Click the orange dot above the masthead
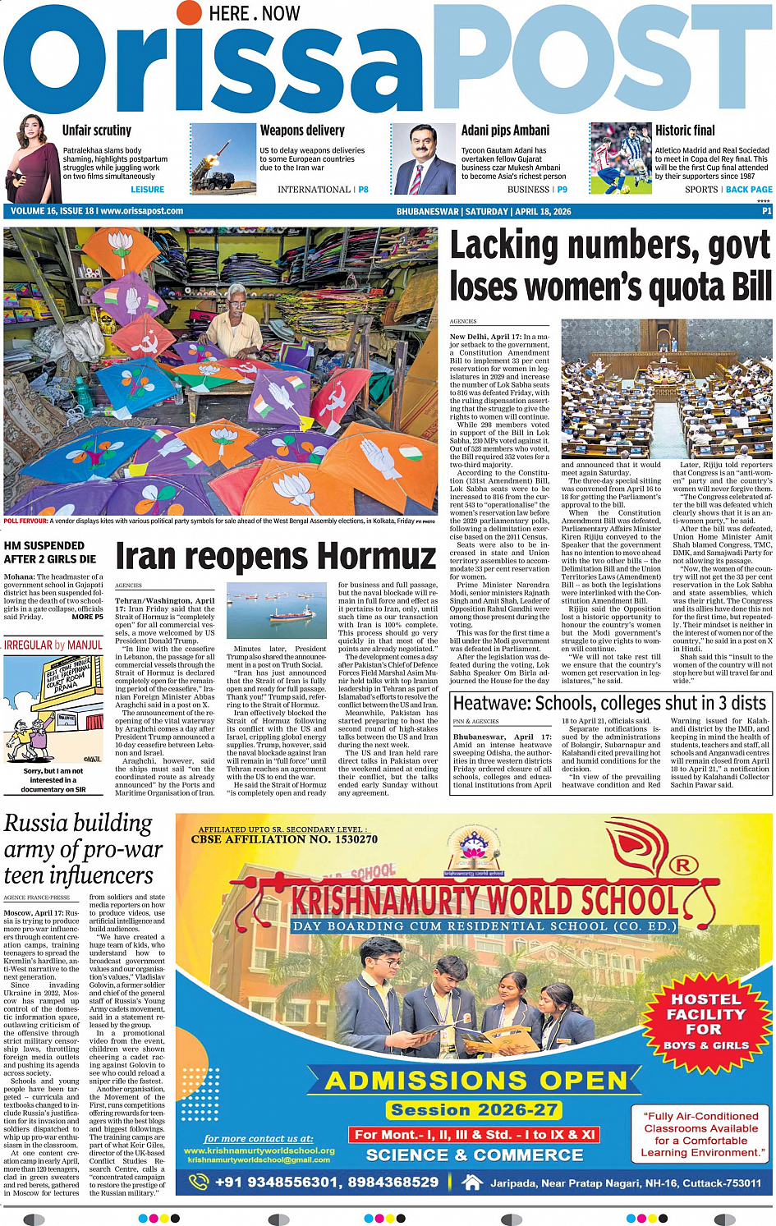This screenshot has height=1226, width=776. tap(190, 12)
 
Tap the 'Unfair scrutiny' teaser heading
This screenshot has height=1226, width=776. tap(97, 131)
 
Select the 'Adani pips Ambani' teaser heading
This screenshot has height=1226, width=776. tap(505, 131)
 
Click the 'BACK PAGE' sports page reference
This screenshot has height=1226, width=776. tap(748, 190)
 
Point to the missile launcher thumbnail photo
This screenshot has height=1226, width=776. tap(223, 158)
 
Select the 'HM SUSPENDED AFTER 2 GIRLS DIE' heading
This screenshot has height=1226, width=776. tap(50, 552)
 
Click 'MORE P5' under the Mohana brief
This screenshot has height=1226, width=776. tap(88, 617)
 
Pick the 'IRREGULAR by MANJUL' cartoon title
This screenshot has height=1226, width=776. tap(53, 645)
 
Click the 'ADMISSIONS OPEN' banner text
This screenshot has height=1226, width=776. tap(476, 1080)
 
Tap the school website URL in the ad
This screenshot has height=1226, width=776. tap(259, 1150)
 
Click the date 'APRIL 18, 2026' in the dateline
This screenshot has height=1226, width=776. tap(543, 212)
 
